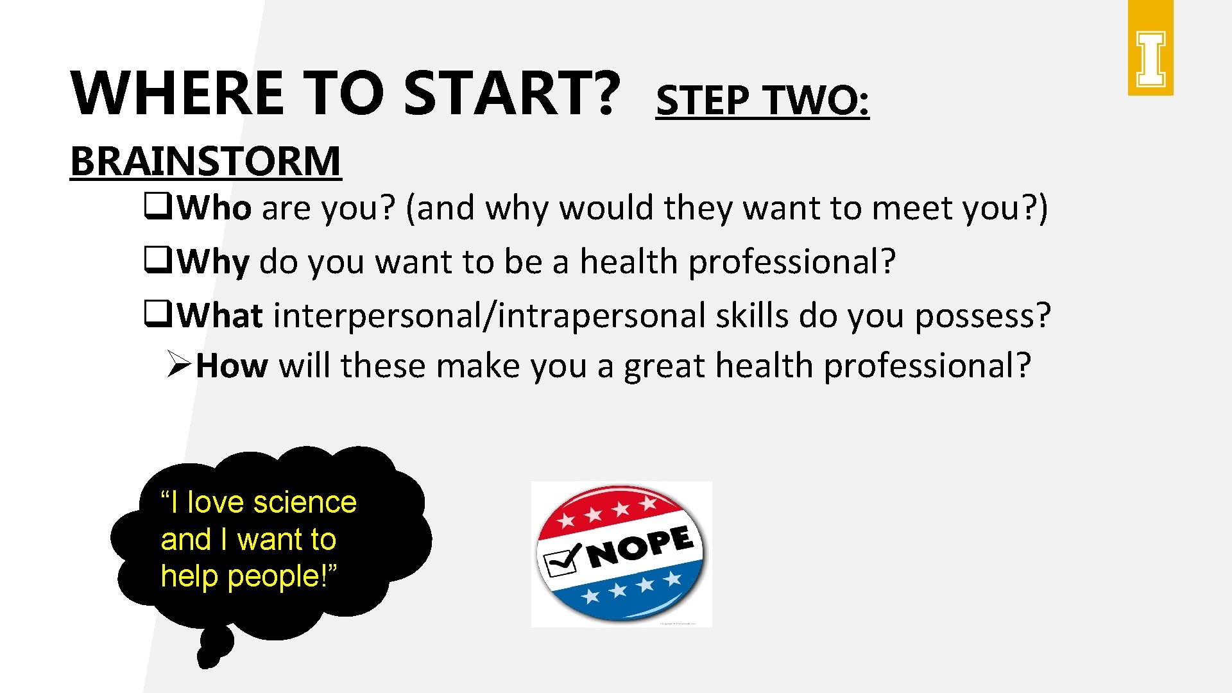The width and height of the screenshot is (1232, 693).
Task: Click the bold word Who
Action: coord(214,208)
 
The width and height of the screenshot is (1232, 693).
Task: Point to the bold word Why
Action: coord(213,262)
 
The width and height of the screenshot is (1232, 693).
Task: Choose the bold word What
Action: coord(219,316)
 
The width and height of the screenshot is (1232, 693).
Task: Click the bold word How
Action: coord(232,366)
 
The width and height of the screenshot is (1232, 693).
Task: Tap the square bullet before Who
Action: coord(156,207)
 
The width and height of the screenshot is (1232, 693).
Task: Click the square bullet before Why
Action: coord(156,261)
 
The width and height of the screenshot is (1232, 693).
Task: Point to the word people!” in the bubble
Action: coord(282,576)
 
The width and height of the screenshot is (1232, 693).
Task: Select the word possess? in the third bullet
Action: coord(982,316)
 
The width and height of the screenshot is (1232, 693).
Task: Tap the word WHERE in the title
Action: coord(177,93)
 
